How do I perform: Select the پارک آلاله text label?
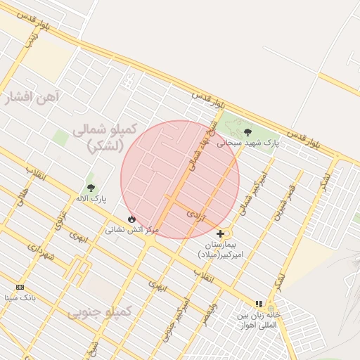coord(91,199)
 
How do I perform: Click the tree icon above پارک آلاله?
coord(91,188)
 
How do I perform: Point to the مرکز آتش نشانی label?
coord(132,229)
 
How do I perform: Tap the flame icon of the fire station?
coord(131,219)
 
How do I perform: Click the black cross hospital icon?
coord(221,233)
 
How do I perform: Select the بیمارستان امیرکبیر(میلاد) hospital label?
coord(220,248)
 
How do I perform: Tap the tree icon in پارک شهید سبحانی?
coord(247,131)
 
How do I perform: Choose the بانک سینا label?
coord(20,298)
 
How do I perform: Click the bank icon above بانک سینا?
coord(20,287)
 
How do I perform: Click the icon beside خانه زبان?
coord(259,304)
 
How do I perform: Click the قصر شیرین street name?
coord(283,201)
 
